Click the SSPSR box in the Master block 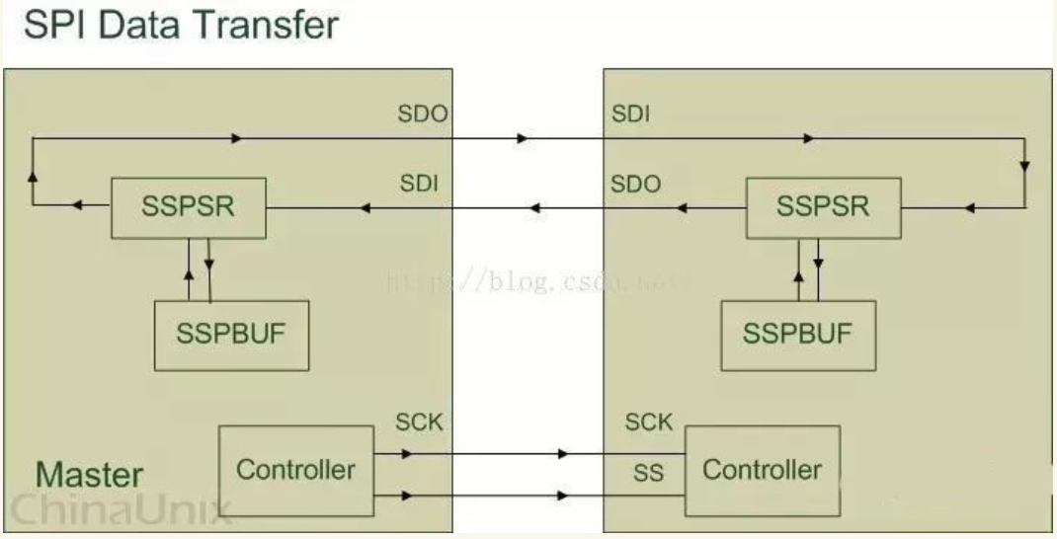click(188, 207)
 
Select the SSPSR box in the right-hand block click(823, 208)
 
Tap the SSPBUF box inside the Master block click(230, 333)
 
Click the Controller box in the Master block click(295, 469)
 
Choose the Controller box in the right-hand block click(762, 469)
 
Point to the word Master click(89, 475)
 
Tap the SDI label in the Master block click(420, 184)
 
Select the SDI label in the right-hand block click(631, 115)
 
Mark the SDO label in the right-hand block click(636, 184)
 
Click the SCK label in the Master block click(421, 423)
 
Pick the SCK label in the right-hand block click(649, 423)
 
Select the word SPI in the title click(53, 25)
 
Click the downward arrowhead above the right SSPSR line click(1024, 166)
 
